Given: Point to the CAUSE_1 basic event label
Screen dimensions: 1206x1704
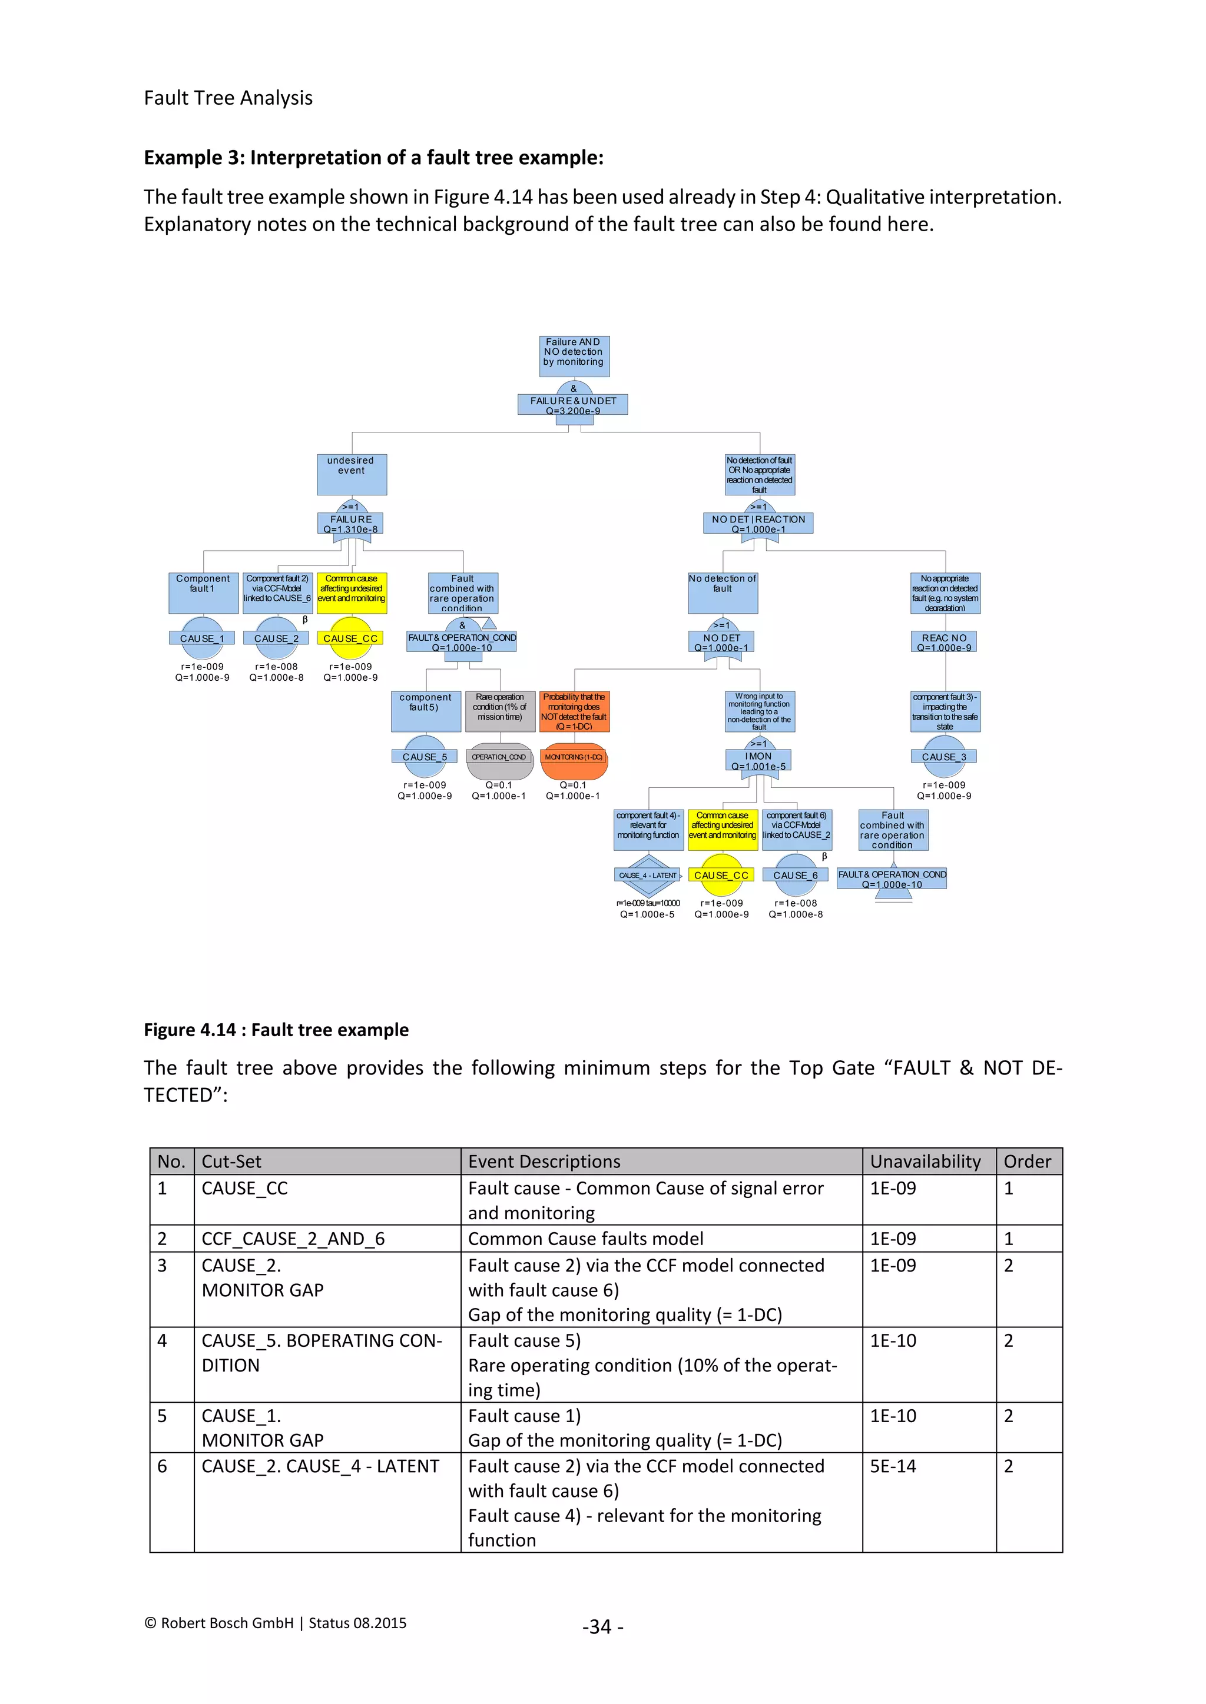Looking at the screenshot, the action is (202, 638).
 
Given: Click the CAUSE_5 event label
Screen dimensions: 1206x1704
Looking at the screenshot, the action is (425, 757).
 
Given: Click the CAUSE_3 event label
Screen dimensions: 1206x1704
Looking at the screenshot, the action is (944, 757).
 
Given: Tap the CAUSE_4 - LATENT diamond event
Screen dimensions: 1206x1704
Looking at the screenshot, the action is (648, 876).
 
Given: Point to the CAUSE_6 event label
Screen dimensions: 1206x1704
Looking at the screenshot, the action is (796, 876).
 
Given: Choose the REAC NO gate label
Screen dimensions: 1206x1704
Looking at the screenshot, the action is (944, 642).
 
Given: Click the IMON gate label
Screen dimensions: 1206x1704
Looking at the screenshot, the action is (758, 761).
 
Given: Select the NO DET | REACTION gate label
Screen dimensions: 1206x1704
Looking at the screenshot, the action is (758, 523).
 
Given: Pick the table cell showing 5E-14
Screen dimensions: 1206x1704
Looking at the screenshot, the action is (893, 1466).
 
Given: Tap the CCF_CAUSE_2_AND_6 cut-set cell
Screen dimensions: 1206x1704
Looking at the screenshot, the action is (293, 1239).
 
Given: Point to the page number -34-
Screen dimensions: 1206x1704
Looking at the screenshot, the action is (603, 1627).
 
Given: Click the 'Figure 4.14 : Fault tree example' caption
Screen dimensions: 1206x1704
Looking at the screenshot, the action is (276, 1030).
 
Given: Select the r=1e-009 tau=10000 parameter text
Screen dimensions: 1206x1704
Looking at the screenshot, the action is (648, 903).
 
